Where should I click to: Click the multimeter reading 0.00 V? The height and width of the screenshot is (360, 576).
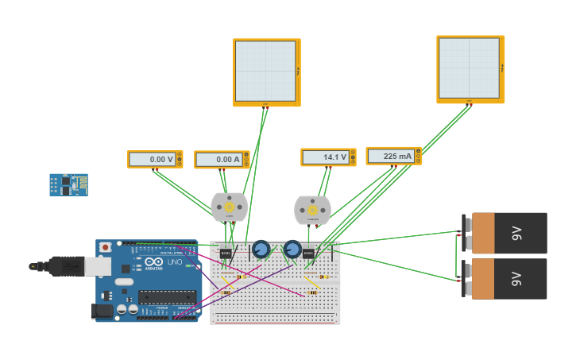pyautogui.click(x=155, y=159)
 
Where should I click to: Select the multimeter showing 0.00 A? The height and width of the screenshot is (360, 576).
pyautogui.click(x=222, y=160)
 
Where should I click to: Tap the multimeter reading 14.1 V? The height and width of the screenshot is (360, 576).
pyautogui.click(x=328, y=157)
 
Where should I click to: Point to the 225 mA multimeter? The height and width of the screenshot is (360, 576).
pyautogui.click(x=393, y=157)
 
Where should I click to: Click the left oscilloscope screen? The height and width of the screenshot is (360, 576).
pyautogui.click(x=265, y=71)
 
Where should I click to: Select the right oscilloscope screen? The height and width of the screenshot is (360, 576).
pyautogui.click(x=469, y=68)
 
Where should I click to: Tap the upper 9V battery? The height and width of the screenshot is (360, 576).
pyautogui.click(x=508, y=233)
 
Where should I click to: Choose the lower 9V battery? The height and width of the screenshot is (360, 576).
pyautogui.click(x=508, y=279)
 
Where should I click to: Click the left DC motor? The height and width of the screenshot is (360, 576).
pyautogui.click(x=230, y=207)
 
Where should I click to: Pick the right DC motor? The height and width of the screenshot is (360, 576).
pyautogui.click(x=312, y=211)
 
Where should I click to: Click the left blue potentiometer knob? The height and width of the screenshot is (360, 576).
pyautogui.click(x=261, y=250)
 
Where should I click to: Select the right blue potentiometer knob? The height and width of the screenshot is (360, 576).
pyautogui.click(x=292, y=250)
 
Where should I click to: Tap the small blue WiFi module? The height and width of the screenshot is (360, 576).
pyautogui.click(x=68, y=185)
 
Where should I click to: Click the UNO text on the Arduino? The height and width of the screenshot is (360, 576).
pyautogui.click(x=173, y=261)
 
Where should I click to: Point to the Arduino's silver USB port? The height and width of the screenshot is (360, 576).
pyautogui.click(x=99, y=267)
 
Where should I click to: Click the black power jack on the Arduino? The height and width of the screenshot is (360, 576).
pyautogui.click(x=102, y=311)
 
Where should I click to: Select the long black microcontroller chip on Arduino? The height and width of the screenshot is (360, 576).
pyautogui.click(x=167, y=297)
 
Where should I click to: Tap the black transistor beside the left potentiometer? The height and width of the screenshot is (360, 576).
pyautogui.click(x=226, y=254)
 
